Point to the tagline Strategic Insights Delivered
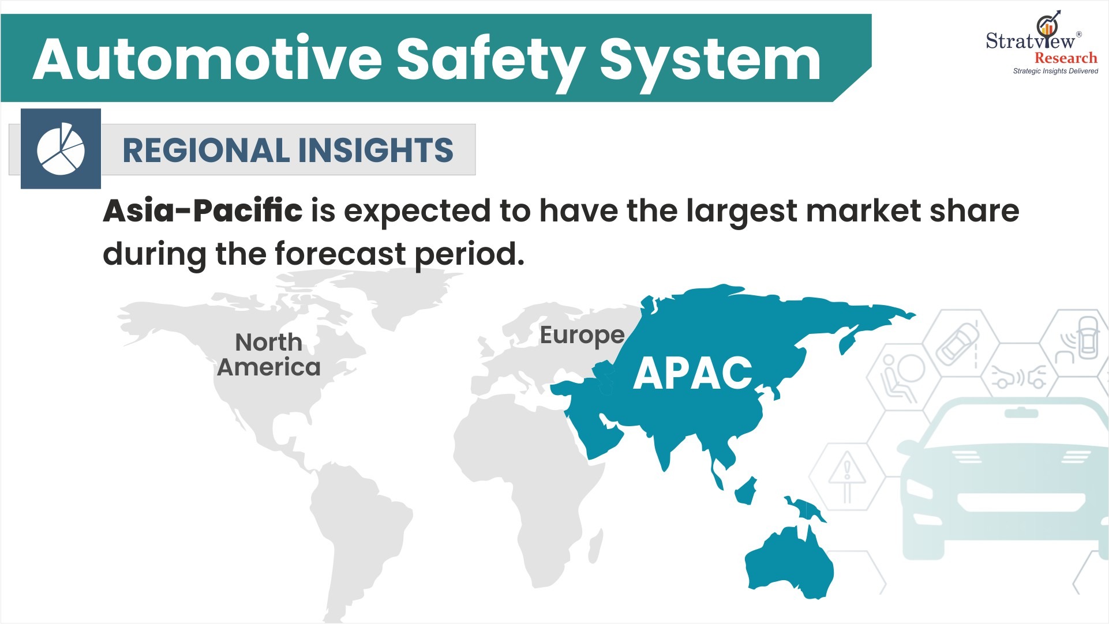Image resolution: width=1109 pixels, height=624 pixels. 1055,71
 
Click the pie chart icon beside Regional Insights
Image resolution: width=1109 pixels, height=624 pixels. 61,149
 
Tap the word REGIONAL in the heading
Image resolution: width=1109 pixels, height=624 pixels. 206,151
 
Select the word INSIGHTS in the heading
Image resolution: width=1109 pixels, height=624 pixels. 376,151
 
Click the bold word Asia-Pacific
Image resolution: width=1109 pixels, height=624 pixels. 203,210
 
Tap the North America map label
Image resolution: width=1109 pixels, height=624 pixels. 268,355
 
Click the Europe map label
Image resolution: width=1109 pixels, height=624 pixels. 582,335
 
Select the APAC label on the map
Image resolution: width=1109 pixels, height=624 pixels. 692,373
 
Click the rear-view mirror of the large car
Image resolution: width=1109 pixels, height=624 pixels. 1021,413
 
